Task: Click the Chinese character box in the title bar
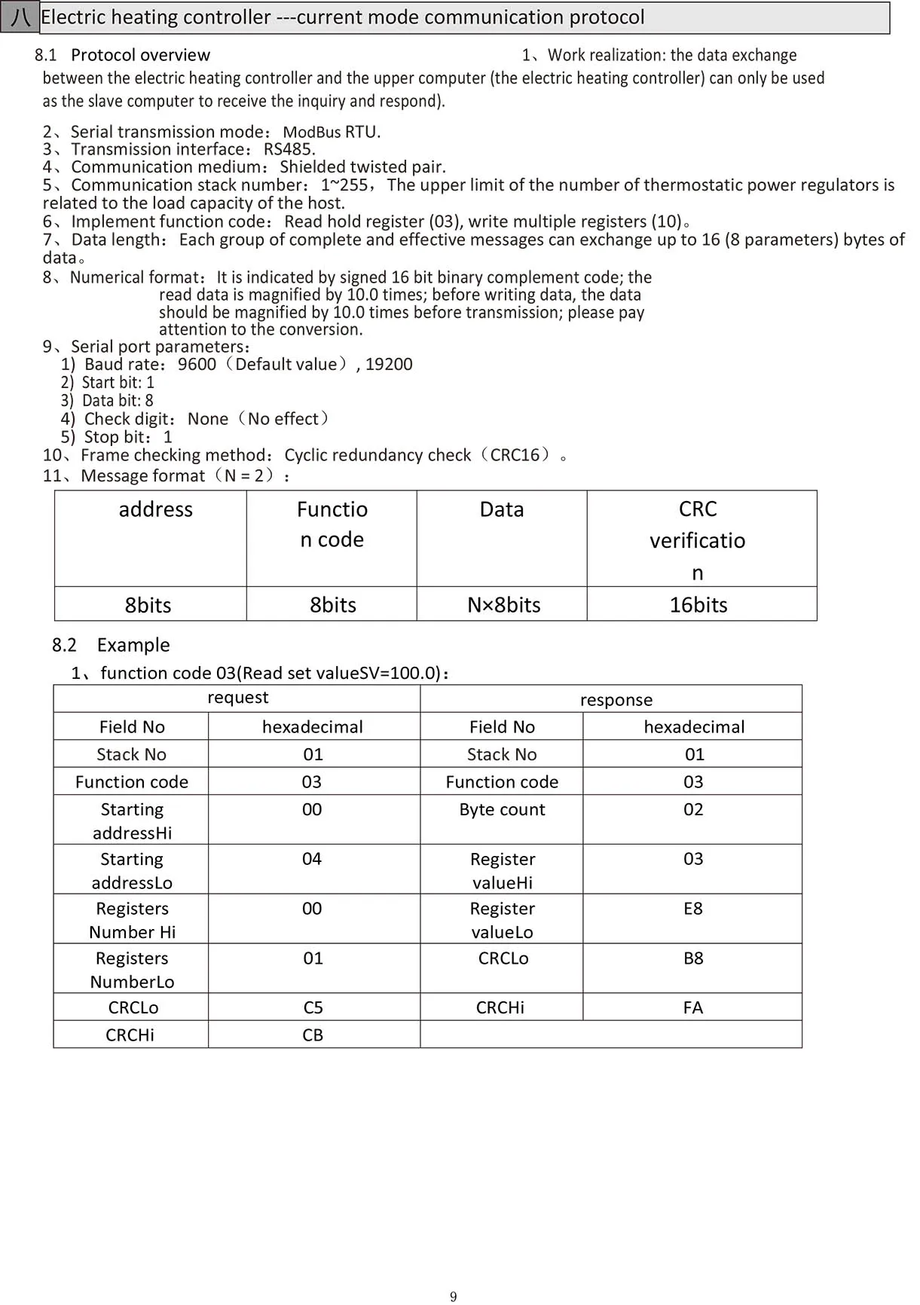coord(20,17)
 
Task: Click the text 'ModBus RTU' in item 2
coord(330,132)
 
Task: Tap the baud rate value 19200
coord(389,365)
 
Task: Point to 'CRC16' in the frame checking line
coord(515,455)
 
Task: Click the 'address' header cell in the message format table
coord(155,510)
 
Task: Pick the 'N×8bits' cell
coord(503,605)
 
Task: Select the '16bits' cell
coord(698,605)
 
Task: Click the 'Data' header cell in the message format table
coord(502,510)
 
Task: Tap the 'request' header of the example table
coord(237,698)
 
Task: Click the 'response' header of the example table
coord(616,700)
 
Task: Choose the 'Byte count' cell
coord(502,810)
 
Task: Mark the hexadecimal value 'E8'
coord(693,909)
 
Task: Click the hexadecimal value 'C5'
coord(313,1008)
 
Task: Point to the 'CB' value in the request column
coord(313,1035)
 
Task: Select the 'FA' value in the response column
coord(693,1008)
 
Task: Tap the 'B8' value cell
coord(693,958)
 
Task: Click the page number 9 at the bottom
coord(453,1297)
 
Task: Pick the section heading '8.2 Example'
coord(111,645)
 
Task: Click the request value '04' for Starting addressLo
coord(312,859)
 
